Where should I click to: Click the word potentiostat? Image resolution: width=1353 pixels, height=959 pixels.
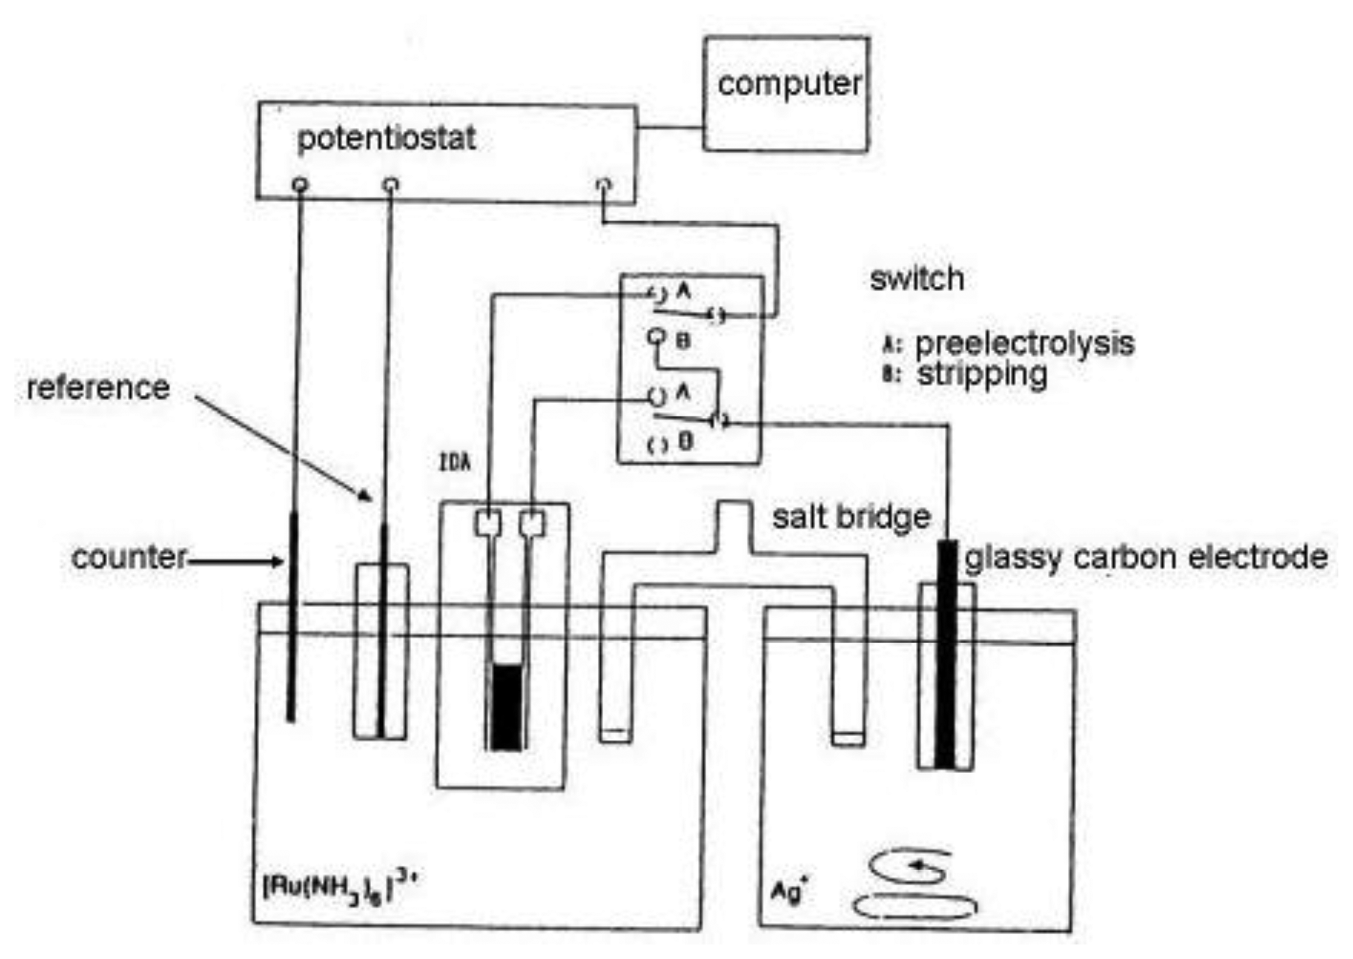tap(387, 139)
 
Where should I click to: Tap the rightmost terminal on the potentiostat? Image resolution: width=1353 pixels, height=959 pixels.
tap(604, 185)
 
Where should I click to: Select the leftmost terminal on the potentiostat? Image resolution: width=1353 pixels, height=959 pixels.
tap(300, 185)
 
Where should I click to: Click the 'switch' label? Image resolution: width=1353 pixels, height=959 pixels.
tap(917, 278)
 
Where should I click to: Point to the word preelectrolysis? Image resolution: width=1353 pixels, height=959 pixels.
tap(1024, 344)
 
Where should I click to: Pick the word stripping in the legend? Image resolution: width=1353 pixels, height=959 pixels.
tap(982, 375)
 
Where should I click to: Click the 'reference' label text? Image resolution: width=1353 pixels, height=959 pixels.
tap(99, 388)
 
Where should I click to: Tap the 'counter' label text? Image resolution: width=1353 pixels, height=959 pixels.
tap(129, 558)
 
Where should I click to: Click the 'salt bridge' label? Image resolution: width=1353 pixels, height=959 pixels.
tap(851, 517)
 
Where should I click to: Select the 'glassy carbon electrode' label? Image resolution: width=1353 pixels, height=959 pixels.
tap(1146, 558)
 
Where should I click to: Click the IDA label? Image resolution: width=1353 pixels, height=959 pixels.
tap(455, 463)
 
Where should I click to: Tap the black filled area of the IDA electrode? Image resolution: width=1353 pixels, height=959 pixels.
tap(506, 707)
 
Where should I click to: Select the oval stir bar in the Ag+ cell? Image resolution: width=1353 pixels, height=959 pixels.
tap(915, 907)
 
